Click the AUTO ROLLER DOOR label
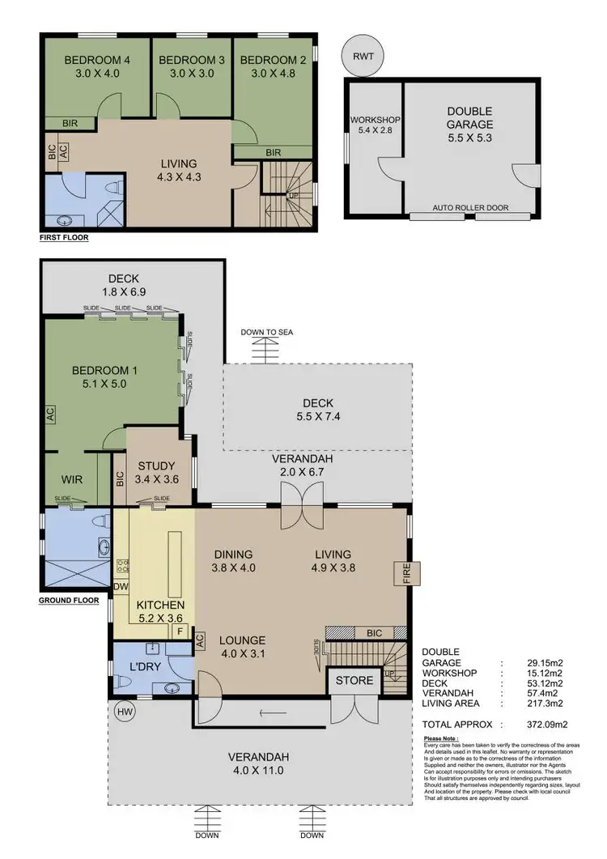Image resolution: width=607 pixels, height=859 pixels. coord(470,208)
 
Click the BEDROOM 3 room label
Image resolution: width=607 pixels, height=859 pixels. coord(192,61)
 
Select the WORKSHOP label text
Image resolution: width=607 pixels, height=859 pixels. coord(375,120)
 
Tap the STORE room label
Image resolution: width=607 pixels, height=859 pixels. coord(355,680)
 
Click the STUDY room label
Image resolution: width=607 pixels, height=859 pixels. coord(156,466)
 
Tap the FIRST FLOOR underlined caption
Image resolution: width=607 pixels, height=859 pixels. coord(64,239)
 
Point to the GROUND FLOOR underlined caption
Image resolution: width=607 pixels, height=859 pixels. coord(69,601)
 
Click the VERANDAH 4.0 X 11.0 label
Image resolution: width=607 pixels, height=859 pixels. coord(258,763)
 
